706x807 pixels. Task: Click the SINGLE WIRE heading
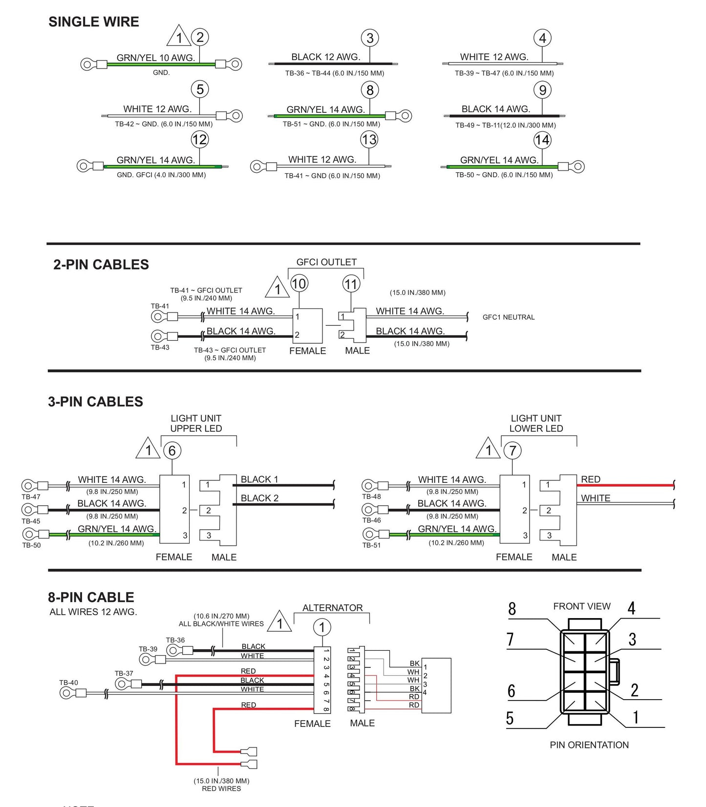coord(94,22)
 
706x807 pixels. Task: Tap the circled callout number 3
coord(370,38)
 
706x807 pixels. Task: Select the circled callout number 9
coord(542,90)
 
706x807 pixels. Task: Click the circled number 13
coord(369,140)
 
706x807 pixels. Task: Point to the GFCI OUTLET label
coord(326,262)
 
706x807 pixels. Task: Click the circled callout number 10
coord(299,284)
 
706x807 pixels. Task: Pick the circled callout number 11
coord(351,284)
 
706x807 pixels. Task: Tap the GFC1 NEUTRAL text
coord(508,317)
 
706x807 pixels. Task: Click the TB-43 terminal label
coord(160,348)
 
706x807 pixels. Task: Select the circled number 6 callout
coord(172,451)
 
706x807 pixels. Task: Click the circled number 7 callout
coord(513,451)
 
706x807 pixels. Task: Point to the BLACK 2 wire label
coord(259,498)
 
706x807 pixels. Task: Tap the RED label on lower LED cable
coord(590,479)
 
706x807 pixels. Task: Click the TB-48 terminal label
coord(371,497)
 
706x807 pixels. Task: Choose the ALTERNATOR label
coord(332,608)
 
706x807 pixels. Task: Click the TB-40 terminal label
coord(68,683)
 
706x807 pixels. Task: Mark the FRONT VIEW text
coord(581,606)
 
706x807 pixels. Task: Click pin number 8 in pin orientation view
coord(512,609)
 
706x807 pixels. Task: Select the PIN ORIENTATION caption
coord(589,745)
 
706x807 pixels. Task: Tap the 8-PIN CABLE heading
coord(91,598)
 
